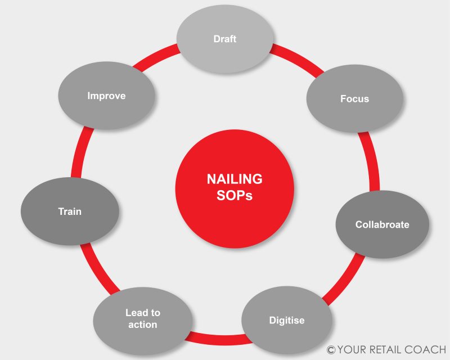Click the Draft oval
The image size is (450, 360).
pos(225,39)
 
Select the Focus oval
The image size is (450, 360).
pos(354,98)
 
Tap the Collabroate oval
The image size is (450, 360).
pos(382,225)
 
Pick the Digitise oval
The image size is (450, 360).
pos(286,321)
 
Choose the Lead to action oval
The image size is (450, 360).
pos(142,319)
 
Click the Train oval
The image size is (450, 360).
pos(70,212)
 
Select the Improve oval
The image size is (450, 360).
pos(106,96)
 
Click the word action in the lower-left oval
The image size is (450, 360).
pos(142,325)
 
